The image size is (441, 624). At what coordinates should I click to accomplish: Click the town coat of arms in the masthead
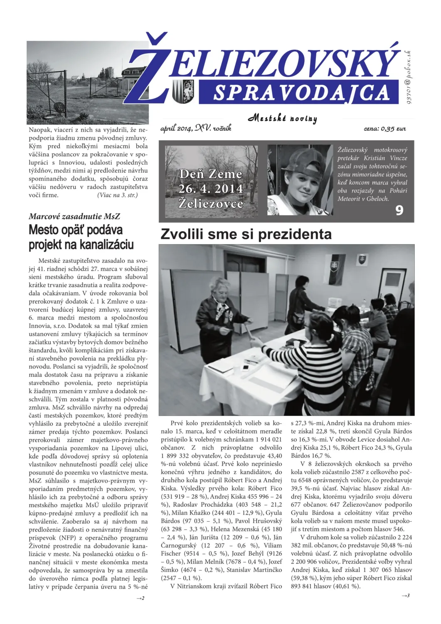click(183, 92)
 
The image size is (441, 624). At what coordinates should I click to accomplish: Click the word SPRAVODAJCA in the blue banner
click(301, 93)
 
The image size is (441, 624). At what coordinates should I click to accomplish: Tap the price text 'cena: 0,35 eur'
click(384, 129)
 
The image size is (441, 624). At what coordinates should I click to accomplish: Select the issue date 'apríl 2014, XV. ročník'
click(196, 128)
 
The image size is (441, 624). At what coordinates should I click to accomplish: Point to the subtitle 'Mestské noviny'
click(283, 118)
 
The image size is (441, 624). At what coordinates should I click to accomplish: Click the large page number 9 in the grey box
click(399, 210)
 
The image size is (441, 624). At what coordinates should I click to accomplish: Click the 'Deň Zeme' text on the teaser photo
click(210, 174)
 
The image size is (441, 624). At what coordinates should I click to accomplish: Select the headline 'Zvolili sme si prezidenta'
click(246, 234)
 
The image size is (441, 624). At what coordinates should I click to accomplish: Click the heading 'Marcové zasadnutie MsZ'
click(74, 216)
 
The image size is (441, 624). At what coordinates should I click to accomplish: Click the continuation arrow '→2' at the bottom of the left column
click(140, 598)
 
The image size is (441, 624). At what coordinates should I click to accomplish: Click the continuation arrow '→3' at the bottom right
click(406, 595)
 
